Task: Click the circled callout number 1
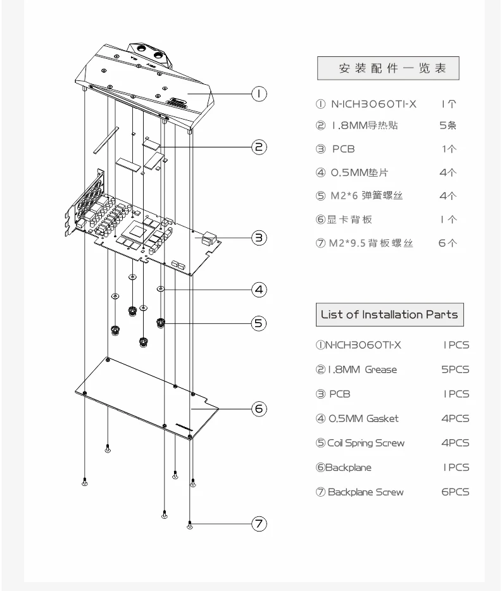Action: click(x=259, y=94)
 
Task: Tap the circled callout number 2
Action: click(x=259, y=147)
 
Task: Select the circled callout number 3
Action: click(x=259, y=238)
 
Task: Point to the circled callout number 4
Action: click(x=259, y=290)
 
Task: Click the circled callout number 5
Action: click(x=259, y=323)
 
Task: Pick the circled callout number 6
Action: click(x=259, y=408)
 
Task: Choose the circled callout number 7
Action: click(x=259, y=524)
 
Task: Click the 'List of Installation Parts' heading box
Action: click(x=389, y=313)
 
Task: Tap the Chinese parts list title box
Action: click(x=387, y=69)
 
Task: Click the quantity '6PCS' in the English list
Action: click(x=455, y=492)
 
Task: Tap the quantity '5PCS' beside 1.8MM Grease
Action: click(x=455, y=370)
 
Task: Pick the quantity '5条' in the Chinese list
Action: click(x=448, y=125)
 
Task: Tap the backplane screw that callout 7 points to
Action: click(x=191, y=524)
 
